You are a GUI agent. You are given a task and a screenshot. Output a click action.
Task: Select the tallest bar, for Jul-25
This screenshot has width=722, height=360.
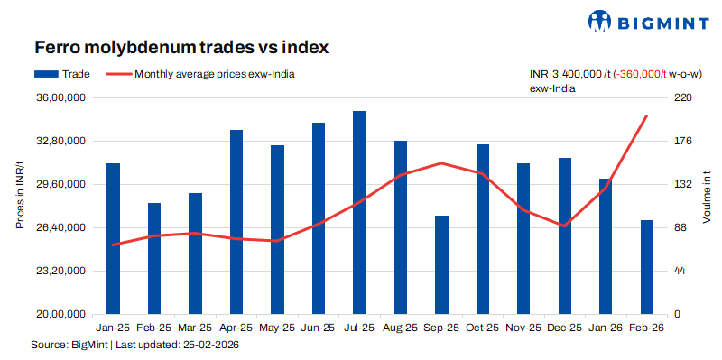(359, 212)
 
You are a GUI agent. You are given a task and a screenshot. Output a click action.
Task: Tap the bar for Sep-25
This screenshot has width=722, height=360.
(441, 264)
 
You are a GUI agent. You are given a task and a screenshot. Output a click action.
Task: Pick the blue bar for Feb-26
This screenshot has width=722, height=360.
(647, 266)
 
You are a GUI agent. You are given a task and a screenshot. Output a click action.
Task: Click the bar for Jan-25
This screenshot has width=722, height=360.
(113, 238)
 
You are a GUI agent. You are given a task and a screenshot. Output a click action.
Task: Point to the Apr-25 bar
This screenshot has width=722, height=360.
(236, 222)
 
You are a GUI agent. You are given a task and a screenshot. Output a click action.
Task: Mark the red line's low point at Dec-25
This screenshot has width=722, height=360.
(564, 226)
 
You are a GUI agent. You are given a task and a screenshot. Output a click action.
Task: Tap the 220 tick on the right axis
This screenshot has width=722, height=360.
(683, 97)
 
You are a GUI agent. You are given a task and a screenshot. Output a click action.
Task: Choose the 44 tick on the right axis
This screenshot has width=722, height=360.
(680, 271)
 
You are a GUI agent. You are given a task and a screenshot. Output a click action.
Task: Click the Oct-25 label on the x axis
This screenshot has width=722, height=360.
(483, 328)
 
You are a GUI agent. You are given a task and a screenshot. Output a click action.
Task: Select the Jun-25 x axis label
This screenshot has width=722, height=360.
(319, 328)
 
